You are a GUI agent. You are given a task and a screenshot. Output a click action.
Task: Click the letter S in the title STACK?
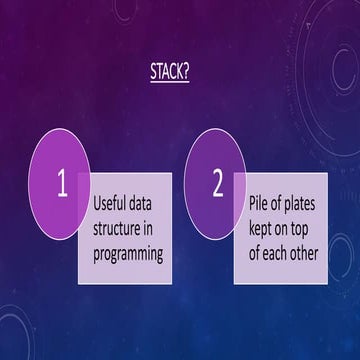tap(155, 71)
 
